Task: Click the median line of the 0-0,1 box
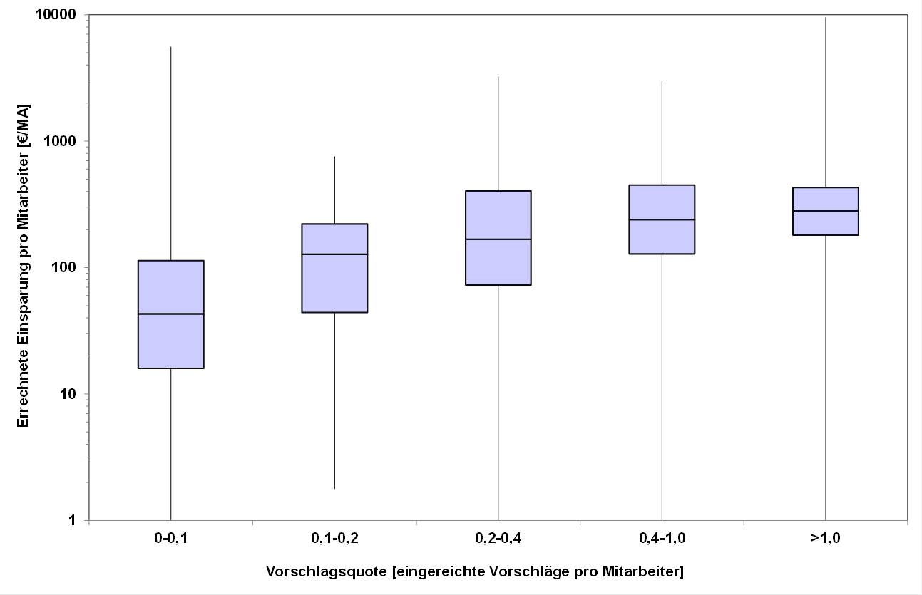point(171,314)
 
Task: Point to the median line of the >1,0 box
point(825,211)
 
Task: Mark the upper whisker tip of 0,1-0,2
point(334,157)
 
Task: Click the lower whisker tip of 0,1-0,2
point(334,488)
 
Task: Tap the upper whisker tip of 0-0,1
point(171,47)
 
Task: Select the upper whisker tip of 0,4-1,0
point(662,81)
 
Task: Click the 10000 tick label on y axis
point(61,15)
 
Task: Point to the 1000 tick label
point(64,141)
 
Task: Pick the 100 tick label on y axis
point(68,267)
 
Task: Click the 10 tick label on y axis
point(71,394)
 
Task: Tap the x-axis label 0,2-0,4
point(498,539)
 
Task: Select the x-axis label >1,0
point(825,539)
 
